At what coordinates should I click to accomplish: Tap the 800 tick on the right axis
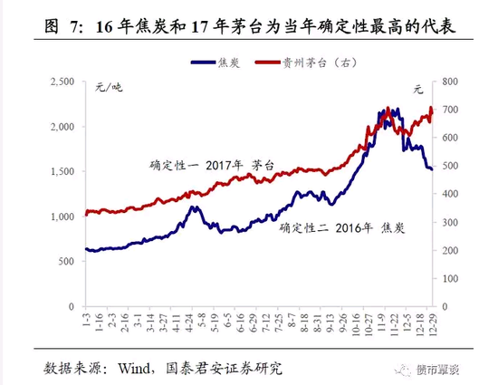[x=451, y=82]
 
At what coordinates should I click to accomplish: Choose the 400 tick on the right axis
[x=451, y=195]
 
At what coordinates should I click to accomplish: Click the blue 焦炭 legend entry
[x=212, y=63]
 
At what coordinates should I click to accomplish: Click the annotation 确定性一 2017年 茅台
[x=211, y=166]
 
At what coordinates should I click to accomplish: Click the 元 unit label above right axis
[x=417, y=89]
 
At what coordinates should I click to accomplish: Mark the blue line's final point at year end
[x=433, y=169]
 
